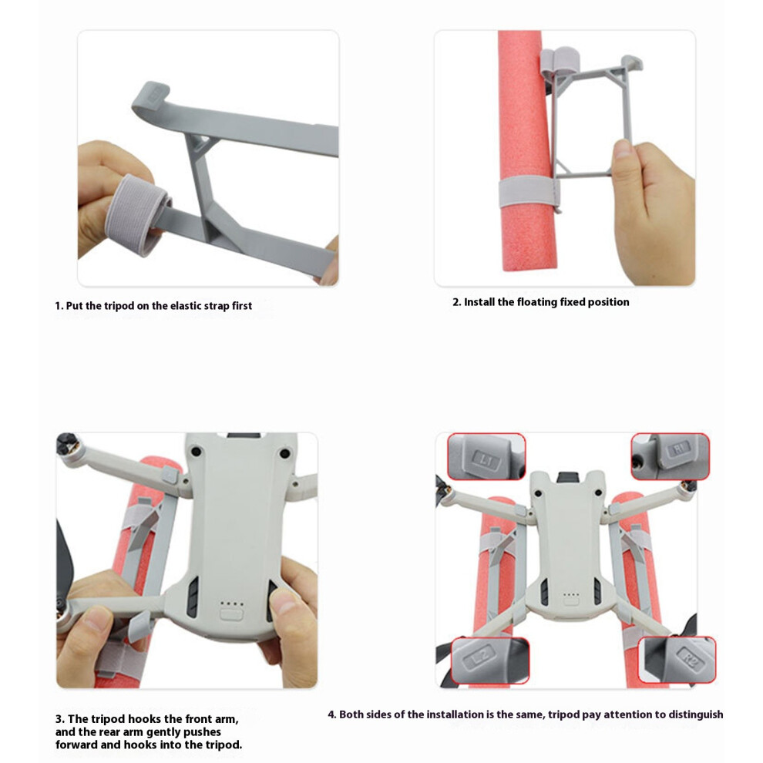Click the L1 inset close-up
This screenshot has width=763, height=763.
(486, 456)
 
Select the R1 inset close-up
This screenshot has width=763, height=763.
(670, 456)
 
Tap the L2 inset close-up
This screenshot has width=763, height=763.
(490, 660)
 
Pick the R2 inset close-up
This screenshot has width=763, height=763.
(677, 660)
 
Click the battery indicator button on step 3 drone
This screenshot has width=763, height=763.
(230, 613)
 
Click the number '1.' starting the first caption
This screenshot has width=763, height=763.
(59, 306)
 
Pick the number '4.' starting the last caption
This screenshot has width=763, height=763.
(332, 714)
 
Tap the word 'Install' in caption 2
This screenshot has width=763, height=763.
(479, 302)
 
